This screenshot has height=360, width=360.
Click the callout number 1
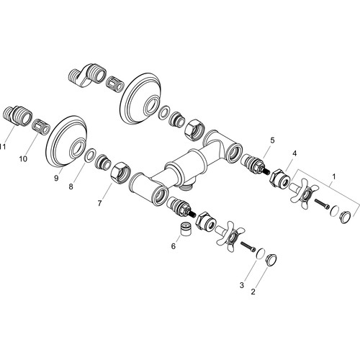[333, 176]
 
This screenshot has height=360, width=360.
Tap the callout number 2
[253, 292]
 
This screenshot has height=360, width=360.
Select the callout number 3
[241, 285]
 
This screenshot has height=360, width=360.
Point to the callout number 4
[294, 153]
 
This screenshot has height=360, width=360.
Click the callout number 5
[272, 140]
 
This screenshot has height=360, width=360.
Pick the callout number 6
[174, 246]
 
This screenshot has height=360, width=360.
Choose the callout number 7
[99, 203]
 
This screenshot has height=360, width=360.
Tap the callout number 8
[71, 186]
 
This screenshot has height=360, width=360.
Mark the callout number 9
[56, 179]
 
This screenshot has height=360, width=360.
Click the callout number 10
[23, 158]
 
